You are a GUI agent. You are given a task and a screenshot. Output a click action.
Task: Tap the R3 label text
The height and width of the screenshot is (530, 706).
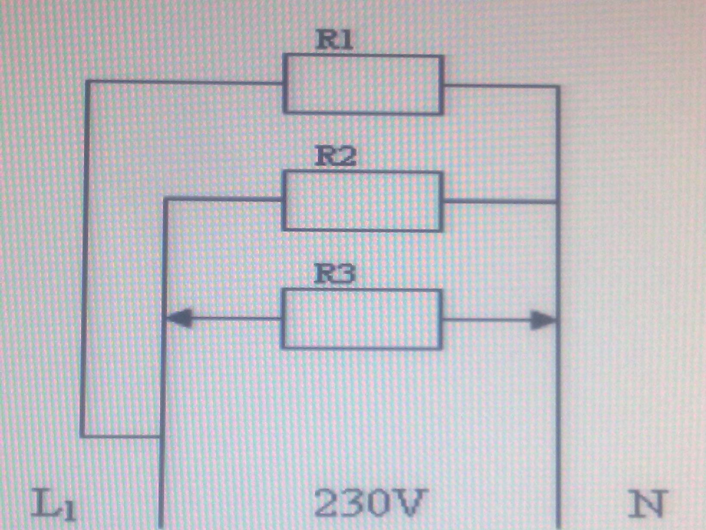tap(335, 274)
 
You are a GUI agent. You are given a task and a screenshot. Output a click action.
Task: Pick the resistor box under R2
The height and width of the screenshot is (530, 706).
tap(362, 201)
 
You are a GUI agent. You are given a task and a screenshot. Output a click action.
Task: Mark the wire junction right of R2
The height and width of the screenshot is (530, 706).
tap(558, 201)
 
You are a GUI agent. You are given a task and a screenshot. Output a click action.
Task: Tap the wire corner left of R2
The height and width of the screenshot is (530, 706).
tap(165, 200)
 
